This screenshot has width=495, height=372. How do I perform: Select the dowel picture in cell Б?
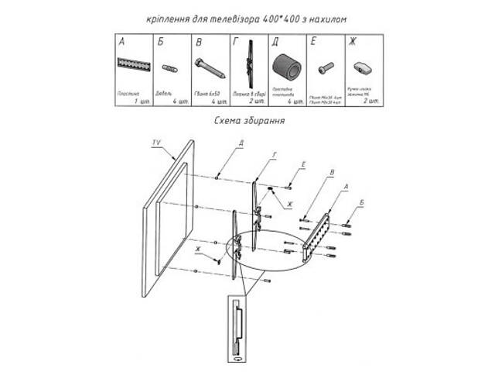(171, 68)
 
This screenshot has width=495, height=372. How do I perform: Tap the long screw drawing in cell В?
(210, 68)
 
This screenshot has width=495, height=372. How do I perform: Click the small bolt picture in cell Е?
(326, 68)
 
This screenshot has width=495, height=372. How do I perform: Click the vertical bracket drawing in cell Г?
(249, 67)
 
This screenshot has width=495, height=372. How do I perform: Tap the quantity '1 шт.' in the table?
(140, 102)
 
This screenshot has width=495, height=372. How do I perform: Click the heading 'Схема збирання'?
(248, 121)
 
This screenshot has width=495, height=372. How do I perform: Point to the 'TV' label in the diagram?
(156, 143)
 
